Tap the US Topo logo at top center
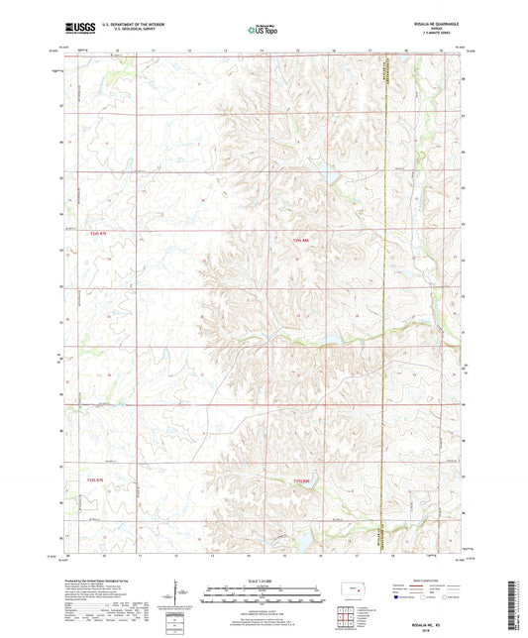point(263,31)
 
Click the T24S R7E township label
point(95,235)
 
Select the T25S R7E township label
point(95,479)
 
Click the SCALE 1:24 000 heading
point(264,580)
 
